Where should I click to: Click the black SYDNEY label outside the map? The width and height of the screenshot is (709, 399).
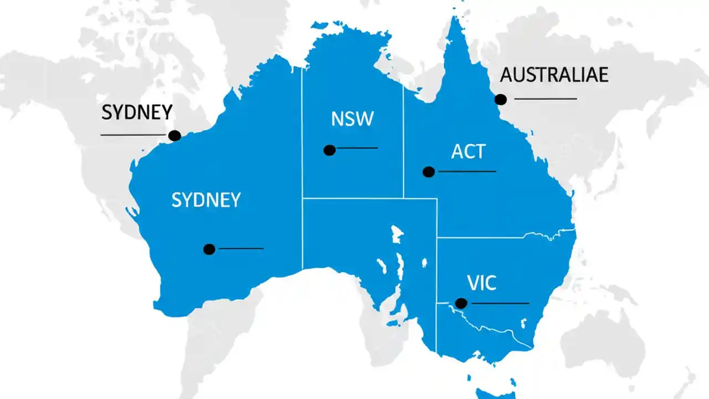pyautogui.click(x=137, y=112)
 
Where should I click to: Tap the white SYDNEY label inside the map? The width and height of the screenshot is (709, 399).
pyautogui.click(x=206, y=200)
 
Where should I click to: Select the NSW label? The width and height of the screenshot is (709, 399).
pyautogui.click(x=352, y=119)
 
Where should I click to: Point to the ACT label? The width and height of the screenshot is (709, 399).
pyautogui.click(x=468, y=152)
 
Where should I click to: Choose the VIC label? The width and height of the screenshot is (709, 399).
pyautogui.click(x=481, y=284)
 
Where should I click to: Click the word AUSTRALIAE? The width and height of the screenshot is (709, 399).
pyautogui.click(x=554, y=75)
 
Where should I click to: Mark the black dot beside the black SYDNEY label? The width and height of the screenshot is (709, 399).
pyautogui.click(x=174, y=135)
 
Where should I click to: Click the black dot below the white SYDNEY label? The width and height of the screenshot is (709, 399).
pyautogui.click(x=209, y=249)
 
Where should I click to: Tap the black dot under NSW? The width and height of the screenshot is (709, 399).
pyautogui.click(x=330, y=150)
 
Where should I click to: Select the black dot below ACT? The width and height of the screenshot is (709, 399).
pyautogui.click(x=428, y=172)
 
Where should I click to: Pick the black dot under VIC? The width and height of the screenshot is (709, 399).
pyautogui.click(x=461, y=303)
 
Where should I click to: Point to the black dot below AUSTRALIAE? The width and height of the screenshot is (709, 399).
pyautogui.click(x=501, y=99)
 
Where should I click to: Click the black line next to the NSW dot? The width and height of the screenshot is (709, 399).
pyautogui.click(x=357, y=148)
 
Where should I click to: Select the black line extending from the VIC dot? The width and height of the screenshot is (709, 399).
pyautogui.click(x=499, y=303)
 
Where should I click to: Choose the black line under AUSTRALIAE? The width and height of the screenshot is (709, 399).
pyautogui.click(x=546, y=99)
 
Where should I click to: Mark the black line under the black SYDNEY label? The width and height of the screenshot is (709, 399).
pyautogui.click(x=133, y=135)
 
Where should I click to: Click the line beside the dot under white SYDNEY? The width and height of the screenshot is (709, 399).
pyautogui.click(x=242, y=249)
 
